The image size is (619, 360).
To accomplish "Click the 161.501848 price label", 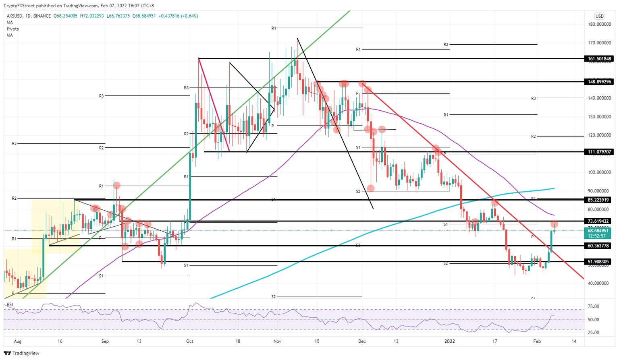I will point(600,59).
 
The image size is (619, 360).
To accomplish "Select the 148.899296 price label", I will point(600,82).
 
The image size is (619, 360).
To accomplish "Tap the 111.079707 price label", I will point(600,152).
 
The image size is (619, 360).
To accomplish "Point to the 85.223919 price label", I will point(600,200).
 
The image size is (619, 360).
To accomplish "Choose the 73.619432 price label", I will point(600,221).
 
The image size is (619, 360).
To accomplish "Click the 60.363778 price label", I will point(600,246).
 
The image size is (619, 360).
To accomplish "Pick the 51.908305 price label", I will point(600,262).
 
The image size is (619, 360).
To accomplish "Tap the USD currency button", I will point(600,16).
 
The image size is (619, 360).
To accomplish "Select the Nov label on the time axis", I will point(277,341).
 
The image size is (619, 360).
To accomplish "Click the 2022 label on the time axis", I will point(450,341).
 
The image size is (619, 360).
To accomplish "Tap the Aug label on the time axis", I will point(17,341).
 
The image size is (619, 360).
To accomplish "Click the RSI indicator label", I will point(10,304).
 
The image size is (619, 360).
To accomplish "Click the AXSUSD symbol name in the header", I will point(15,16).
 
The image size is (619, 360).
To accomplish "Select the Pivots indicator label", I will point(12,29).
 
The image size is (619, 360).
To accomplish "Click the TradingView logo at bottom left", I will point(22,353).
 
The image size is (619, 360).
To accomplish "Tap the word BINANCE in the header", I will point(42,16).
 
